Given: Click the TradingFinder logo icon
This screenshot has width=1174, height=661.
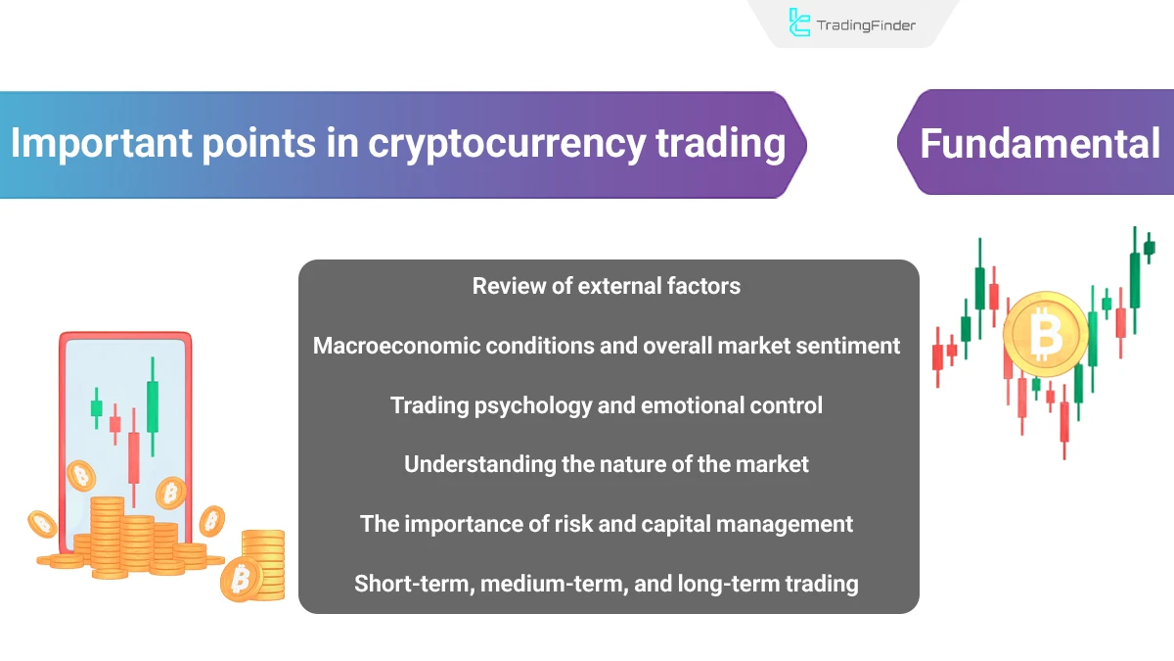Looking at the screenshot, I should [798, 24].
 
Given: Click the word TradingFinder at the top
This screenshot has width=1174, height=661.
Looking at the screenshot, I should [866, 24].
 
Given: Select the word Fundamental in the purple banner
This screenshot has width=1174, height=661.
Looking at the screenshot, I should [1039, 144].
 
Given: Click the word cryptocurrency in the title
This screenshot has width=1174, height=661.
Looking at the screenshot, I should [507, 144].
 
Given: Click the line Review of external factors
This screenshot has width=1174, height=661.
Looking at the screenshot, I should [607, 286].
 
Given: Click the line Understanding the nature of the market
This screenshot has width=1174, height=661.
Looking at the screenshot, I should [607, 464].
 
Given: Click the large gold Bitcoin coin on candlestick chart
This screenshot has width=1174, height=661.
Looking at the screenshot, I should [1045, 335].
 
